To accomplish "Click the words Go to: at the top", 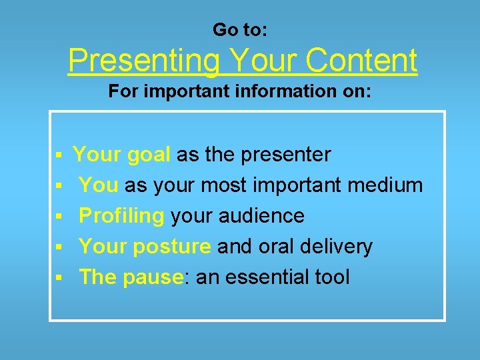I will coord(239,30).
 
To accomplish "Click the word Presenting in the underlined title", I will coord(143,61).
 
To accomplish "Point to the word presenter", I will coord(286,155).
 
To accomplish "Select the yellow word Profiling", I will coord(121,216).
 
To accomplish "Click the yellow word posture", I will coord(172,247).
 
